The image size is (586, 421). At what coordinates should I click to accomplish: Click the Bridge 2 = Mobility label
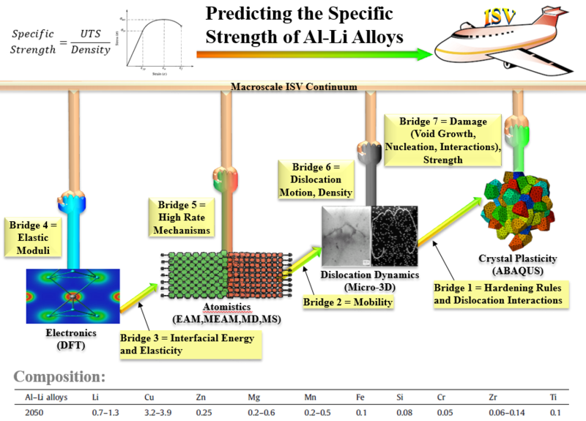[347, 301]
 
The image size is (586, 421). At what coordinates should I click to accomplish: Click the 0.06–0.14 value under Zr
[505, 411]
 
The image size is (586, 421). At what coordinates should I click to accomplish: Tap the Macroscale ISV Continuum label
[294, 86]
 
